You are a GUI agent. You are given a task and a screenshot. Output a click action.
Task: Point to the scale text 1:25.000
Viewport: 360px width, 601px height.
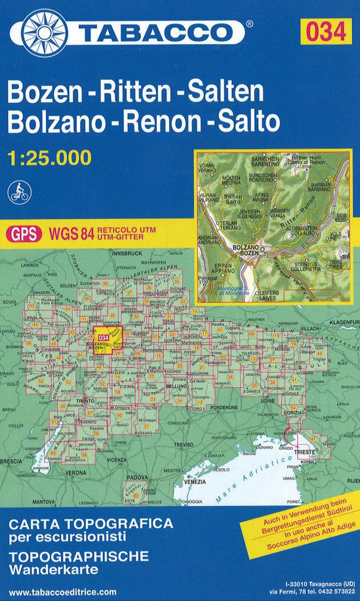(50, 157)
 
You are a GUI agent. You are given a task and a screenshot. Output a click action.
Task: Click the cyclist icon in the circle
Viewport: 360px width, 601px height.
(19, 191)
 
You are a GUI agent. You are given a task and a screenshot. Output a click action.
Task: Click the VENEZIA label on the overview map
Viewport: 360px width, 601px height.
(195, 482)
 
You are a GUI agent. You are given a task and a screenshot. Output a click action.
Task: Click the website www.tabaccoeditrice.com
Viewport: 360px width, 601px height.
(63, 592)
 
